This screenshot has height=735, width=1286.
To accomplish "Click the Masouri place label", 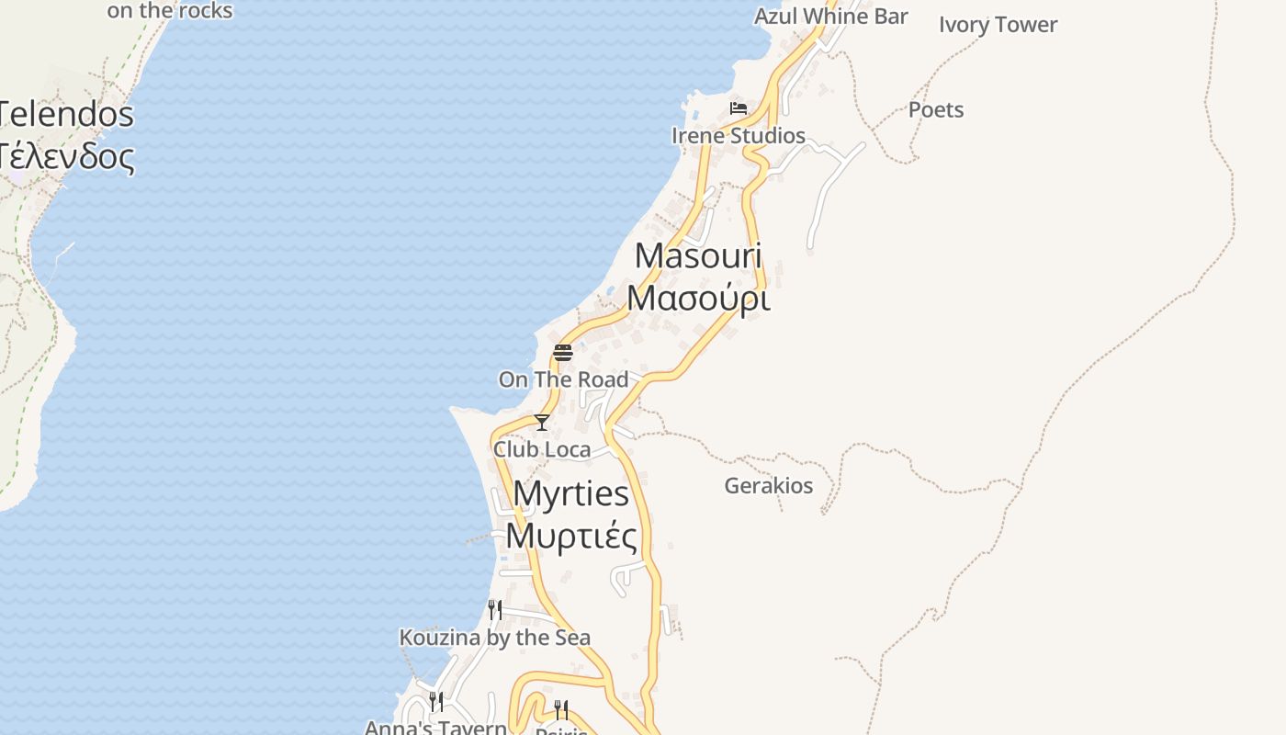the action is [x=698, y=256].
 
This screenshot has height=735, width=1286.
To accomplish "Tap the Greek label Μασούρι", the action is [x=698, y=299].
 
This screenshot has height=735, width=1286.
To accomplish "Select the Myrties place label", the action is [x=570, y=494].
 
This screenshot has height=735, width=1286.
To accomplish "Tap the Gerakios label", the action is [x=769, y=485].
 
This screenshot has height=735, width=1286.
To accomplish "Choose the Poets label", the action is [x=936, y=110].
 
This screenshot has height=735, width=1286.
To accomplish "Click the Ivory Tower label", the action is [x=998, y=25].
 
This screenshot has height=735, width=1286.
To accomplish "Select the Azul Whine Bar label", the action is [x=830, y=17].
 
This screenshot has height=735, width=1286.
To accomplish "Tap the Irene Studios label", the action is [x=739, y=136].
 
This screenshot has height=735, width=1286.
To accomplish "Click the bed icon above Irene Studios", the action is [x=738, y=108].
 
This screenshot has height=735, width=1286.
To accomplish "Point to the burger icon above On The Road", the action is [x=563, y=353].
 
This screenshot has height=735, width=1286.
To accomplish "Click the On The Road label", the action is [x=563, y=379].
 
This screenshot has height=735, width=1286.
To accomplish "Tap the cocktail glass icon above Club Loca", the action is [x=542, y=423].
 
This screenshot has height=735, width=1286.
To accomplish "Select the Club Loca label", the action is [x=542, y=449].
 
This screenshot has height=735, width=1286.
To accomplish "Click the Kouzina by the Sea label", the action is [x=494, y=638].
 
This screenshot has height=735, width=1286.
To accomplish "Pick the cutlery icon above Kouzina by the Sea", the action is [x=494, y=609].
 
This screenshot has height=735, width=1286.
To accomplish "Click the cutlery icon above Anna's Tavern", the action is [x=436, y=702].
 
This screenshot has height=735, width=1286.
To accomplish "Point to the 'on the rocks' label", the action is [x=170, y=11].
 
